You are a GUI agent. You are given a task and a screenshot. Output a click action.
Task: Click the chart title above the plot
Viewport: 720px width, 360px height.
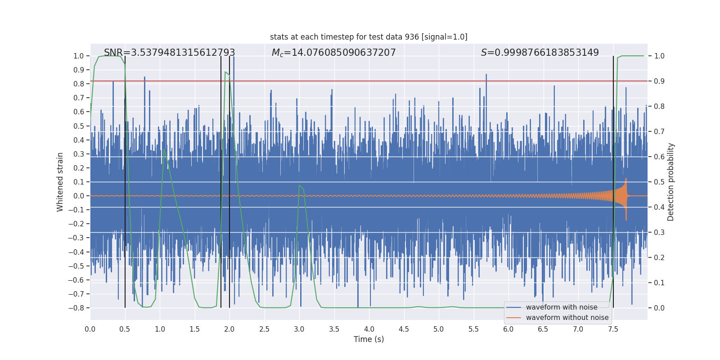369,37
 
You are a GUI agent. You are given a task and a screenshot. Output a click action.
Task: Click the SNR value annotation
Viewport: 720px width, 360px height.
169,53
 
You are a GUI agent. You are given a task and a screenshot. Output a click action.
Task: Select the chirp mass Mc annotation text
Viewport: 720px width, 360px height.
333,53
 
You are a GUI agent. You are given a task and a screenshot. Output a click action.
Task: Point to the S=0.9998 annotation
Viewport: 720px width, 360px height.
540,53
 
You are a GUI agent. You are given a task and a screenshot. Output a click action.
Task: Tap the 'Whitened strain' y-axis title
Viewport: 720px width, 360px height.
60,182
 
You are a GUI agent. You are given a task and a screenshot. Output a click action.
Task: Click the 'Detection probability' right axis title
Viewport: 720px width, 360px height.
671,182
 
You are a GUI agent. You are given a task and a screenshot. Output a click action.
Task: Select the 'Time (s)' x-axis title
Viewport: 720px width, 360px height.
369,339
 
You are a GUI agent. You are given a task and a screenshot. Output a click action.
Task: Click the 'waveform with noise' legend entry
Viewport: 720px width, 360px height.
561,307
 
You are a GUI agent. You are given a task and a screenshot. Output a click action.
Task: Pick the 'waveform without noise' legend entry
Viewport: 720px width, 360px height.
567,318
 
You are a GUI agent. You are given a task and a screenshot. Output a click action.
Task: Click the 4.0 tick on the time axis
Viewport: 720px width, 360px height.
369,329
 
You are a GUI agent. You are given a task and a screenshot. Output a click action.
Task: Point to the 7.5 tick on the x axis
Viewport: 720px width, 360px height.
613,329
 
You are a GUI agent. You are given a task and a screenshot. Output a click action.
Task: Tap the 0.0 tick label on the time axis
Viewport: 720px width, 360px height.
90,329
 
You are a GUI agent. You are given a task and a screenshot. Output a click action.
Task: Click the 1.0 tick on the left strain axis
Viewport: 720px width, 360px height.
78,56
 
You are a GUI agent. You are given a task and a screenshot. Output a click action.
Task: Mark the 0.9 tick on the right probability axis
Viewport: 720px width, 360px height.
659,81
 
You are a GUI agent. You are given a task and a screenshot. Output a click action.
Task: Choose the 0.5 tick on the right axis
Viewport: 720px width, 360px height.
659,182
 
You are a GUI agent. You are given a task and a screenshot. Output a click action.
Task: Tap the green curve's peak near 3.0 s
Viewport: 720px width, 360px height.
299,185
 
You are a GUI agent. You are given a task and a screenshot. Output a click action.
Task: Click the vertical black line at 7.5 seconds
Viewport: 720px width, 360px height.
613,135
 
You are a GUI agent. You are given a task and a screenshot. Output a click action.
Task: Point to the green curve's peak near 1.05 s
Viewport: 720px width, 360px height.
164,149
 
